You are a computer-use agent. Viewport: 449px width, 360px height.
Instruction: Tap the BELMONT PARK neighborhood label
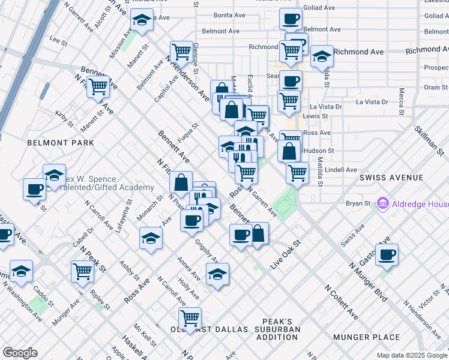(x=61, y=143)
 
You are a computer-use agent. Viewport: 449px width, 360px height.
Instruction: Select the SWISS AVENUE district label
(x=391, y=178)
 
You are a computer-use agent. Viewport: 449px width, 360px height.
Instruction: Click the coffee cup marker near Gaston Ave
(x=387, y=254)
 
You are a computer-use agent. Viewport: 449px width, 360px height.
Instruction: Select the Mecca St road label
(x=401, y=101)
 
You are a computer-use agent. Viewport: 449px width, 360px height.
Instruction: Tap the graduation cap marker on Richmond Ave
(x=322, y=57)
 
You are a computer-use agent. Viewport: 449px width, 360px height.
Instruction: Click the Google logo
(x=20, y=353)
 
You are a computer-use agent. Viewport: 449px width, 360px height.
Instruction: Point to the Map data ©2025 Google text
(x=412, y=355)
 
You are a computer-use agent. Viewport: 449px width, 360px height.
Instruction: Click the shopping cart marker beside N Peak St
(x=82, y=271)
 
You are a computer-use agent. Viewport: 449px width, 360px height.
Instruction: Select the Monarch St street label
(x=149, y=206)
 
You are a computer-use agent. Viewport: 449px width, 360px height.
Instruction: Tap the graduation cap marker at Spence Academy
(x=54, y=175)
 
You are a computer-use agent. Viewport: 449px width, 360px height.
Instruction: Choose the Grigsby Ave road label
(x=206, y=251)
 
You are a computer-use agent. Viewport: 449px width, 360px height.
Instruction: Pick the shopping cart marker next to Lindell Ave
(x=297, y=173)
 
